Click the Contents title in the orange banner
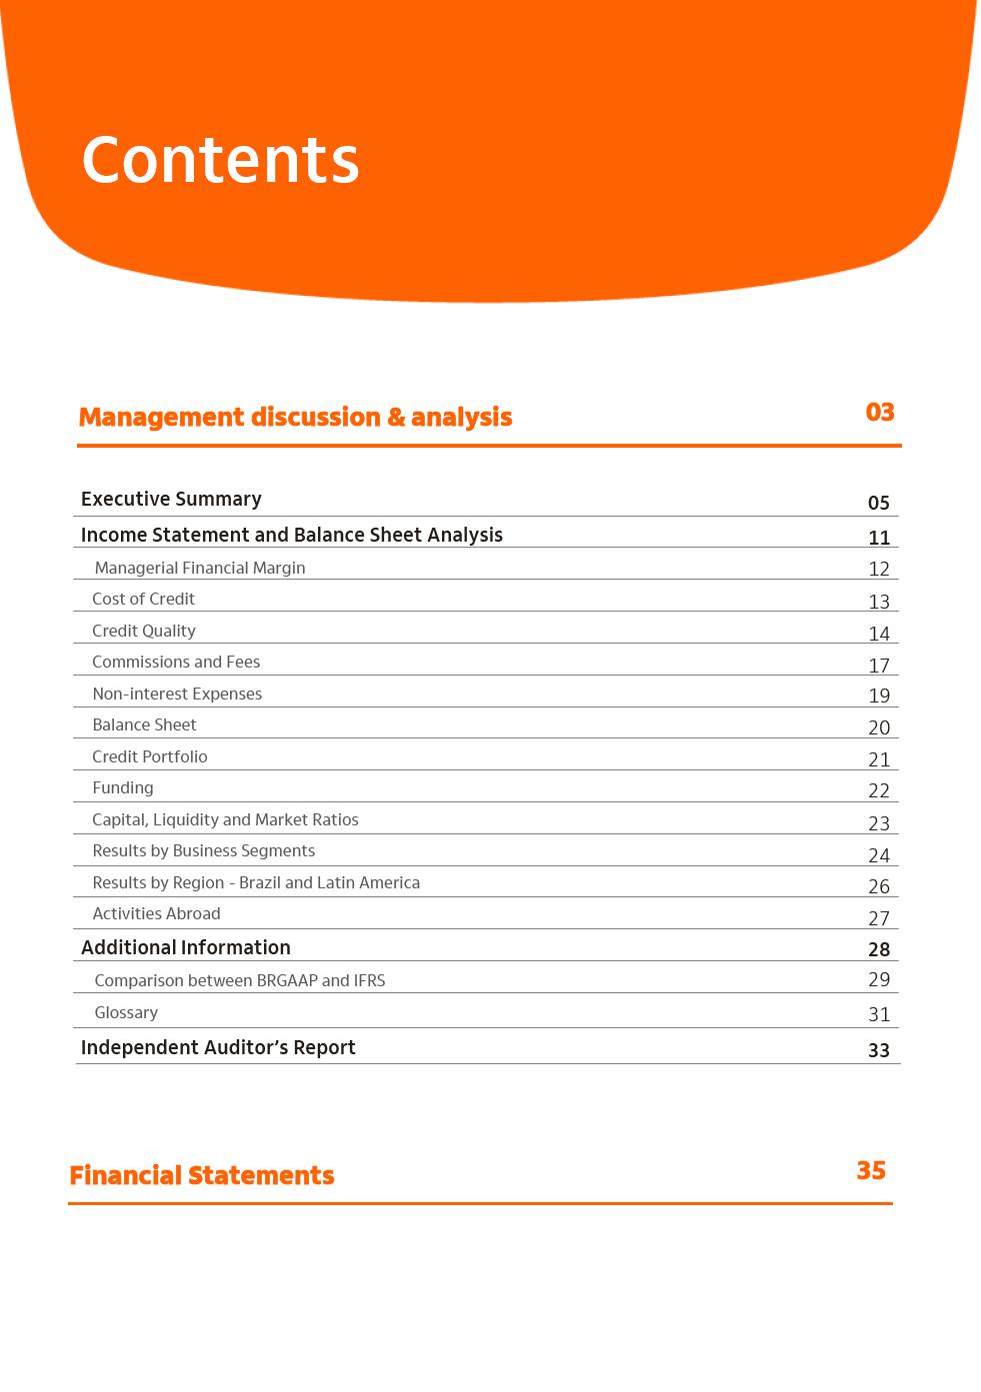[x=220, y=160]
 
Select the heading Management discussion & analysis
[x=295, y=417]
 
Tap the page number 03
[x=880, y=412]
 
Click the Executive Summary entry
[x=171, y=499]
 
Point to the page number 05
[x=879, y=503]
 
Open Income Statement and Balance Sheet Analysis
[x=291, y=535]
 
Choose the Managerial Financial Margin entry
[x=200, y=568]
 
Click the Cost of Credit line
[x=143, y=599]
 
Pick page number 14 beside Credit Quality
[x=879, y=634]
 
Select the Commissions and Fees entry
[x=176, y=662]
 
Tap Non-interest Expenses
[x=177, y=694]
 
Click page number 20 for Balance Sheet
[x=879, y=727]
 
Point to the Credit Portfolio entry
[x=150, y=756]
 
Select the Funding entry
[x=123, y=787]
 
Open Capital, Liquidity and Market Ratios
[x=225, y=819]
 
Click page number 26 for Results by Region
[x=879, y=886]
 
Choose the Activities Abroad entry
[x=156, y=913]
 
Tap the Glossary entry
[x=126, y=1012]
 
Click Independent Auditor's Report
[x=218, y=1047]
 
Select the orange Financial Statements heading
[x=202, y=1175]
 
